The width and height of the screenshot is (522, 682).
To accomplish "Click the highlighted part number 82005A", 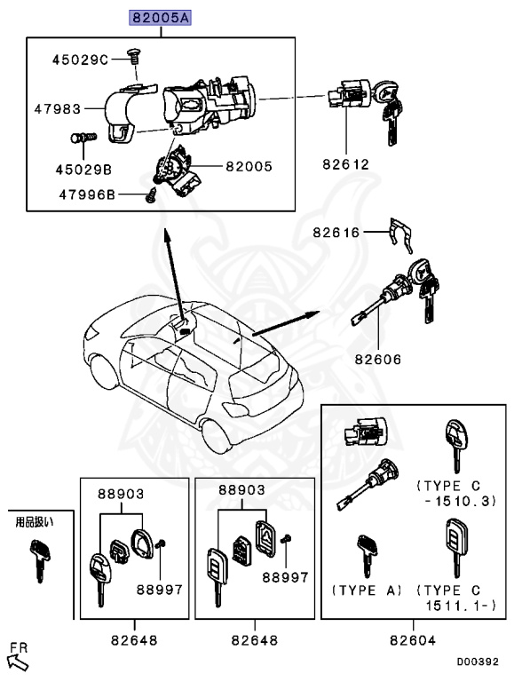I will [x=161, y=17].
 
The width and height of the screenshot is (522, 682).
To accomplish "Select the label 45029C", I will [x=79, y=59].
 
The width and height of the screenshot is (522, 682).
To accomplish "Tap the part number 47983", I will [x=58, y=109].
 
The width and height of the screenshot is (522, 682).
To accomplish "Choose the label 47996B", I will [x=87, y=194].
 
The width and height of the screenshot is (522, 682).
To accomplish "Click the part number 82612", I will [x=346, y=164].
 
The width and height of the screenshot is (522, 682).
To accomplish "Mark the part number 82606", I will [x=378, y=360].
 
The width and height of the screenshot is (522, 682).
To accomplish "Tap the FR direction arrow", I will [x=17, y=659].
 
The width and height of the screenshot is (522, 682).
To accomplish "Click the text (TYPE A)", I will [x=368, y=591].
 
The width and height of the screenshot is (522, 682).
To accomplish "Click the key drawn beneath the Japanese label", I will [x=37, y=558].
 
